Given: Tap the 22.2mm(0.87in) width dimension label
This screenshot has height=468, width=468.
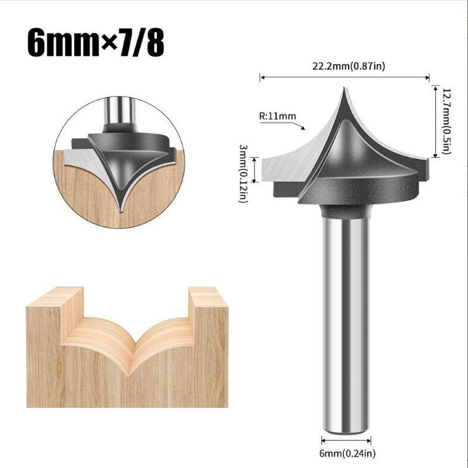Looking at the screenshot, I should click(345, 66).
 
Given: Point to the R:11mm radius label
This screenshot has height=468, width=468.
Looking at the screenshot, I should click(277, 116).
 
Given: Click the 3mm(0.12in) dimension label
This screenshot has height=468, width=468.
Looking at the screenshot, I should click(242, 174).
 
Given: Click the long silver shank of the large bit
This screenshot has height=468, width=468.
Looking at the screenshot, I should click(346, 322).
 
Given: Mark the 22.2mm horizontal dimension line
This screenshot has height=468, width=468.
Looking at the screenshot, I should click(345, 77).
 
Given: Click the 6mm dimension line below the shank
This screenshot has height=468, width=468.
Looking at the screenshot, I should click(346, 440).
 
